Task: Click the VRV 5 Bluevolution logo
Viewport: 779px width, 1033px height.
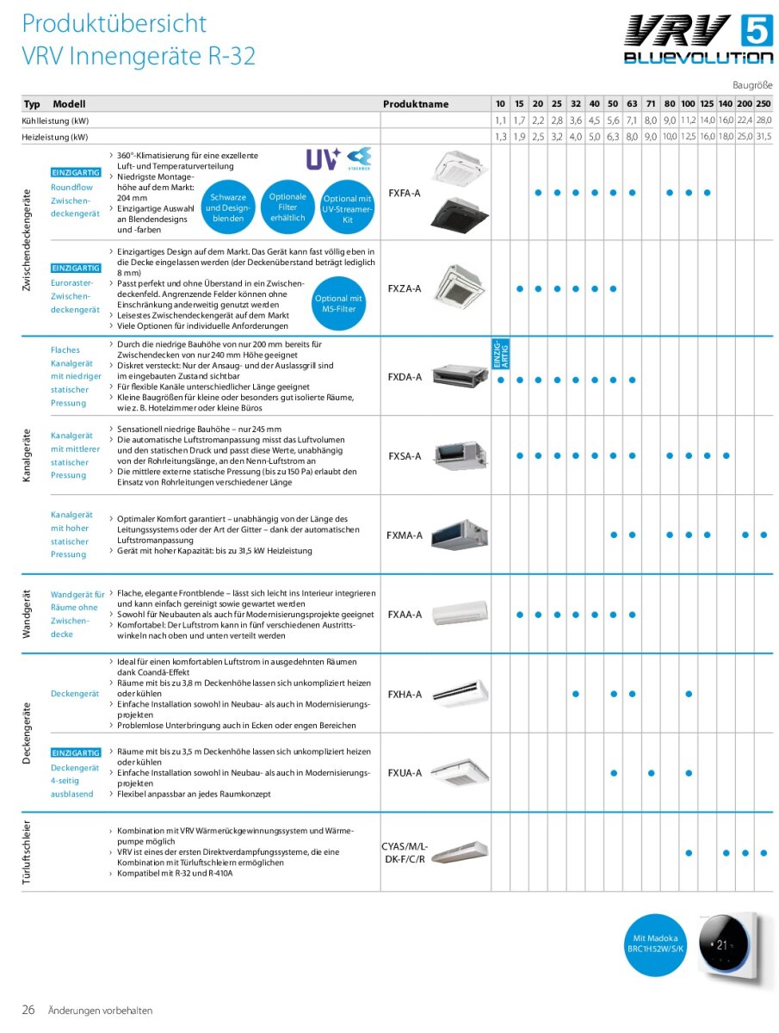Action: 698,40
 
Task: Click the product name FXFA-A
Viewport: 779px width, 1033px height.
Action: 405,193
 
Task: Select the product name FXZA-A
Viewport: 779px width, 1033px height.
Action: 405,288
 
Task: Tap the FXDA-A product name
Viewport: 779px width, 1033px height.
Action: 405,377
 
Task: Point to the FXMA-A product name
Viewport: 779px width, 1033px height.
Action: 405,535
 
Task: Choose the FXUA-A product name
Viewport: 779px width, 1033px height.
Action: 405,773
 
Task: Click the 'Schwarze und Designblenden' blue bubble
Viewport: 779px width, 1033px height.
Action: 227,207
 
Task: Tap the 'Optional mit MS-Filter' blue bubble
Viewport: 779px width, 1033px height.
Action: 338,303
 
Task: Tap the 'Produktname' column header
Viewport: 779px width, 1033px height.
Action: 416,104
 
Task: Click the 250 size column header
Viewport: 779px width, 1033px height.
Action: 764,103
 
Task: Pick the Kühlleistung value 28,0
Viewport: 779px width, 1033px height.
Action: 764,121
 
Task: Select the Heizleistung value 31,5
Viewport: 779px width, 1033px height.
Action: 764,137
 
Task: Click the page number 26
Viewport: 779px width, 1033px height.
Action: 28,1010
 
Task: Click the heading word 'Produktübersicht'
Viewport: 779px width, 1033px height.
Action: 114,23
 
